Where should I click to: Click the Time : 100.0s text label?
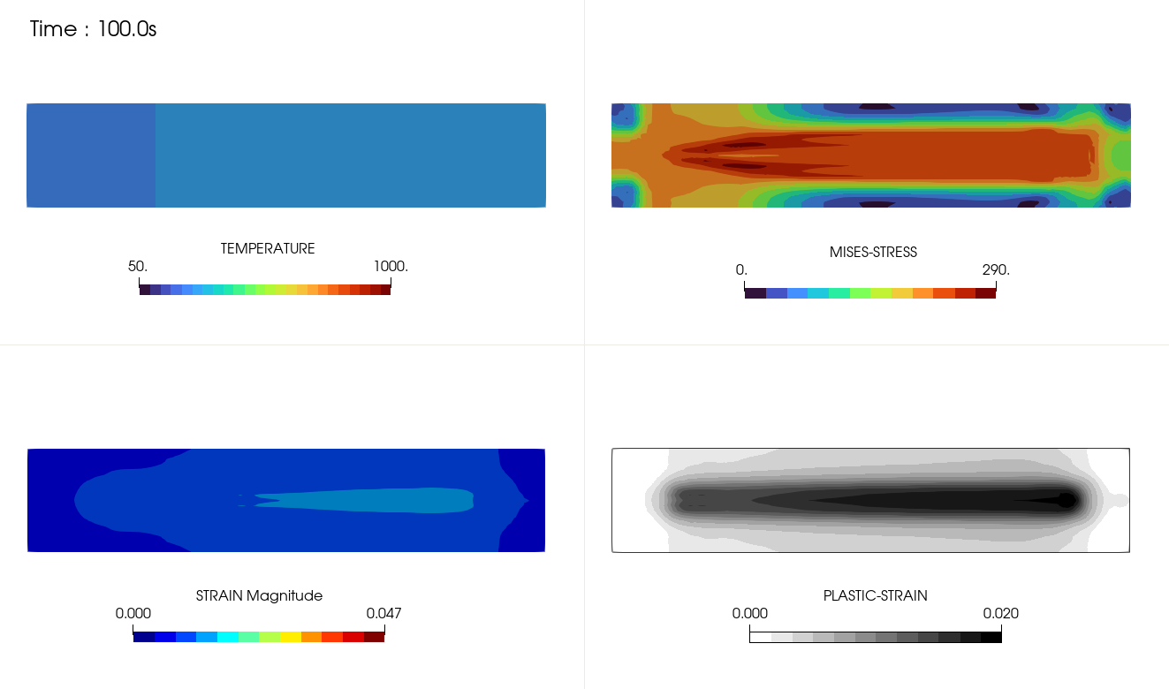click(x=93, y=29)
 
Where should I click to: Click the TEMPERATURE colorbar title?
click(x=268, y=249)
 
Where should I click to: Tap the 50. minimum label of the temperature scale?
click(x=138, y=267)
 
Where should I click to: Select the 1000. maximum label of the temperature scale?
click(x=391, y=267)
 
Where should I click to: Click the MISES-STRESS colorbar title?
click(x=873, y=253)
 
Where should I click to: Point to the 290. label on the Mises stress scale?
click(x=996, y=270)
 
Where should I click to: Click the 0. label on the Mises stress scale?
click(x=741, y=270)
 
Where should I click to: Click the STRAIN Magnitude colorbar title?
click(x=259, y=595)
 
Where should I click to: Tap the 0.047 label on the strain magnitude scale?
click(x=383, y=613)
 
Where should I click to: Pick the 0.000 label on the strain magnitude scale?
click(x=133, y=613)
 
